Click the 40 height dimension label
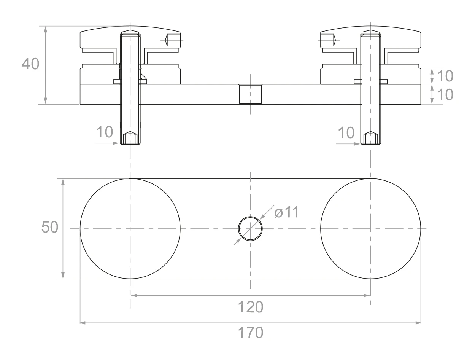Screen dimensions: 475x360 tap(30, 64)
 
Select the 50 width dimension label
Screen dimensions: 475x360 tap(50, 227)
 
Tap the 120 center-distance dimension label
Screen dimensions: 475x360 tap(251, 307)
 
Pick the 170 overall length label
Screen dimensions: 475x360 tap(251, 333)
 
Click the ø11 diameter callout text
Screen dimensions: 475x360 tap(287, 212)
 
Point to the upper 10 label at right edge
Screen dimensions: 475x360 tap(445, 76)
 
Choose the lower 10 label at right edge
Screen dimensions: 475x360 tap(445, 95)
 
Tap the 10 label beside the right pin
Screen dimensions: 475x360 tap(346, 132)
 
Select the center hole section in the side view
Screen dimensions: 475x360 tap(250, 94)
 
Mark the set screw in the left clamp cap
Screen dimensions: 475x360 tap(173, 40)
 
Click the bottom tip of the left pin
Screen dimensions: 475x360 tap(130, 144)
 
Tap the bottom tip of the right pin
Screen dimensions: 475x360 tap(371, 144)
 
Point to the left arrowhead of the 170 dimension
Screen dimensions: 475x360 tap(83, 323)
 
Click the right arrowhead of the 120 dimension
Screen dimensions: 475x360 tap(367, 295)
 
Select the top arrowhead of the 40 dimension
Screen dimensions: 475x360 tap(45, 29)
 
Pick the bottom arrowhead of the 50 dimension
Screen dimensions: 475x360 tap(63, 276)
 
